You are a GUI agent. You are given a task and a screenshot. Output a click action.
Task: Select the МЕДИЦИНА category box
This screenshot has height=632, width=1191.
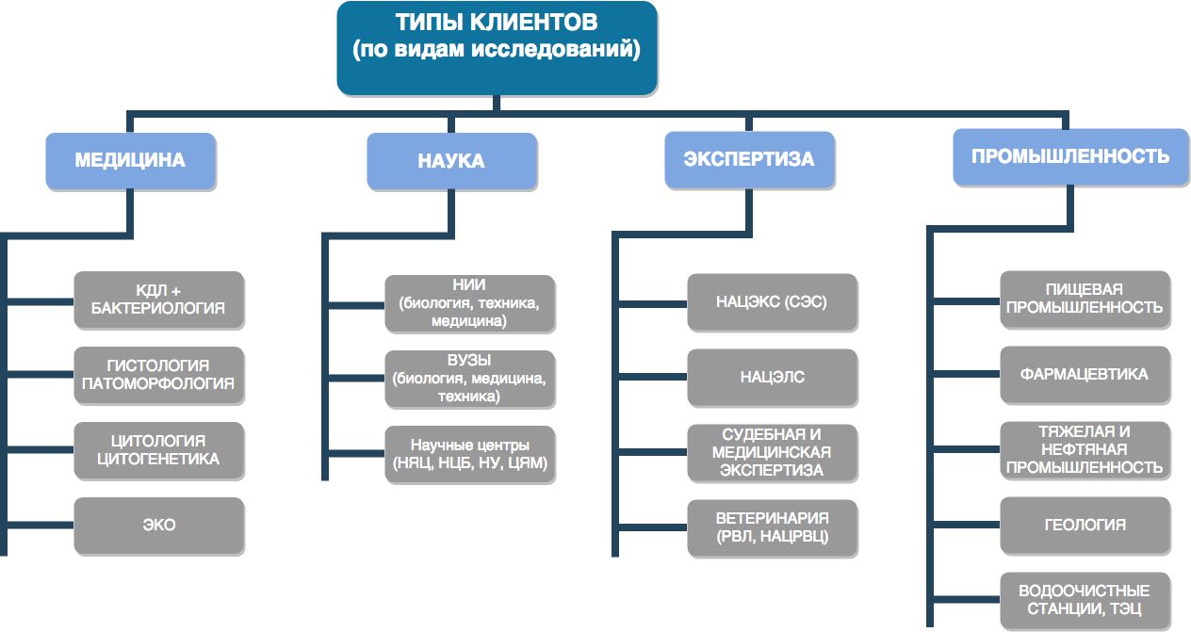pos(130,160)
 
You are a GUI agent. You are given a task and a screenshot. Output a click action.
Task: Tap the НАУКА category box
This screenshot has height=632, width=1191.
pos(451,161)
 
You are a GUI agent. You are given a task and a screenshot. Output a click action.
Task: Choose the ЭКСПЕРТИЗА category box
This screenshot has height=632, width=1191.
pos(749,159)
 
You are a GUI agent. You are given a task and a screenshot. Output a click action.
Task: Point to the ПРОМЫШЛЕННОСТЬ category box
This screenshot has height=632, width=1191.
pos(1070,156)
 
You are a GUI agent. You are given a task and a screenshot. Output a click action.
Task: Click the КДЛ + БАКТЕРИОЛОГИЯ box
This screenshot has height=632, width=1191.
pos(158,300)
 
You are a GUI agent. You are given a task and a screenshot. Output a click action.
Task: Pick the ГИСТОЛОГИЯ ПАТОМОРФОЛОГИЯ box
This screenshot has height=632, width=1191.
pos(158,375)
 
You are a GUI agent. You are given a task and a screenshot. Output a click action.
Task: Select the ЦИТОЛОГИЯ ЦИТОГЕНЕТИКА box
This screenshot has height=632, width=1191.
pos(158,450)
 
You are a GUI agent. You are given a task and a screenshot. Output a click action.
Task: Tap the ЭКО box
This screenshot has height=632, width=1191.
pos(158,525)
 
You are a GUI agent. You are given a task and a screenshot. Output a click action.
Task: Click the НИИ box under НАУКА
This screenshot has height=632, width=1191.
pos(469,303)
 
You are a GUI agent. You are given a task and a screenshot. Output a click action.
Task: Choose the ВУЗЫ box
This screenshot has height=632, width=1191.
pos(469,379)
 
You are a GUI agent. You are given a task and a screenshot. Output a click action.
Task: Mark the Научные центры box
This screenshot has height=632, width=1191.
pos(469,454)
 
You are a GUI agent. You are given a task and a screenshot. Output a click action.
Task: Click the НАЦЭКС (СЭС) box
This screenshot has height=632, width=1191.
pos(772,302)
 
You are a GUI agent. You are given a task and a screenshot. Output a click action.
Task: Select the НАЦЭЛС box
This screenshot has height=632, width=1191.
pos(772,378)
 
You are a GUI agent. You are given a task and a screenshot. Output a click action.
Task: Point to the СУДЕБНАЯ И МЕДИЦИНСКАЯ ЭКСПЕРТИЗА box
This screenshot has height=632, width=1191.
pos(772,452)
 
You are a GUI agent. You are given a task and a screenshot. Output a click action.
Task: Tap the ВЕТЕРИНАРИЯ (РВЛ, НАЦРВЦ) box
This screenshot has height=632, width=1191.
pos(772,528)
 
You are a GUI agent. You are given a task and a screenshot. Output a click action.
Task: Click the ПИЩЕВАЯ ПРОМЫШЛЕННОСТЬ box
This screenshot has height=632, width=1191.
pos(1085,300)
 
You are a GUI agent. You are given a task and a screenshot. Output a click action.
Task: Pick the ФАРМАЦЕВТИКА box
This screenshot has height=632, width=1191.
pos(1085,375)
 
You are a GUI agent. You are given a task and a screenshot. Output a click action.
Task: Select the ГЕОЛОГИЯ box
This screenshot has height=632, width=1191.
pos(1085,526)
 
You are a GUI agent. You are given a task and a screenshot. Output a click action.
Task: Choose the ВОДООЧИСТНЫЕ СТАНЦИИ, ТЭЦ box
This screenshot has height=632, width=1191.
pos(1085,600)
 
